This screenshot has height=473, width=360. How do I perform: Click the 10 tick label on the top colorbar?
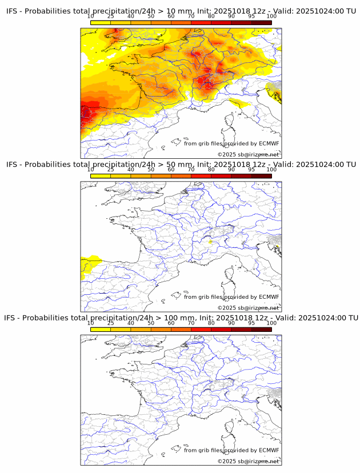click(91, 16)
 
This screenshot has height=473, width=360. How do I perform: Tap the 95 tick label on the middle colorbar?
click(251, 170)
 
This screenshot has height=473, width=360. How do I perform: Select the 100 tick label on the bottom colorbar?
click(271, 323)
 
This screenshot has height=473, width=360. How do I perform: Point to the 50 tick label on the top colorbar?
click(151, 16)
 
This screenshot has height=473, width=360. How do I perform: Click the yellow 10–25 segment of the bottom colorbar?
click(101, 330)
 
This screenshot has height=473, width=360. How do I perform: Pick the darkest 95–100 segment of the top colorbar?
click(261, 22)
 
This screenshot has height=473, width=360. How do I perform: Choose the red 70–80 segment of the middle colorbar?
click(201, 176)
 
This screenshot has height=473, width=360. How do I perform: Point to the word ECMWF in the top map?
click(269, 143)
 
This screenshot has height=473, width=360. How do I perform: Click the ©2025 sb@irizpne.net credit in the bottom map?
click(248, 461)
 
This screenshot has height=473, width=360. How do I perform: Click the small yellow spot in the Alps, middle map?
click(210, 242)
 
